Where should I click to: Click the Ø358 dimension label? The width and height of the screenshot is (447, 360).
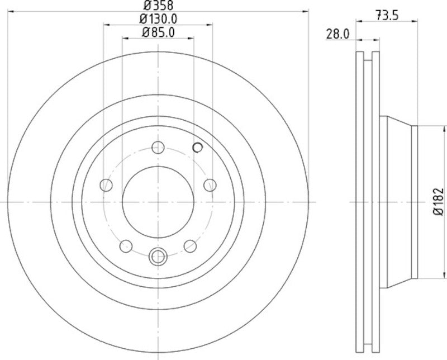point(158,5)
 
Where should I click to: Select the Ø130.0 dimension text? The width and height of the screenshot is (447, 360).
point(158,18)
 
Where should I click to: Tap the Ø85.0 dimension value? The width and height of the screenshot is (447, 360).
point(158,32)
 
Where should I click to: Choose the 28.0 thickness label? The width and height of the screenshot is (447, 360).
point(337,34)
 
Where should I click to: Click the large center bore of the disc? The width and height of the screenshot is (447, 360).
point(158,202)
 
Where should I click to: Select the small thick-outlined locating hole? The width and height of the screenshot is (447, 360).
point(197,147)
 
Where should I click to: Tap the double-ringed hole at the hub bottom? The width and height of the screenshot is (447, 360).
point(158,257)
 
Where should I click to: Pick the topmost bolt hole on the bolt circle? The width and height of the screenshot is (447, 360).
point(158,148)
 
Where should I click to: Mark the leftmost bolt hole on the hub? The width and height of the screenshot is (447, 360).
point(106,185)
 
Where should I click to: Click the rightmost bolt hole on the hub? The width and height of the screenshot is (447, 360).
point(210,185)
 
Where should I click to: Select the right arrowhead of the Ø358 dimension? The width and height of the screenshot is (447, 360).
point(306,10)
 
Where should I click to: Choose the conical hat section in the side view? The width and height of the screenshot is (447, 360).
point(398,202)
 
